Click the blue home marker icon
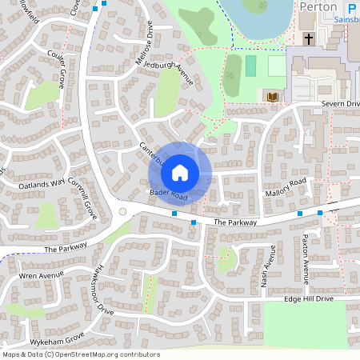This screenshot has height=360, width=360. pyautogui.click(x=180, y=172)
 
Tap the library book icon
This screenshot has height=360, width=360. pyautogui.click(x=273, y=97)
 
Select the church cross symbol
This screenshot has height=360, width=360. pyautogui.click(x=309, y=38)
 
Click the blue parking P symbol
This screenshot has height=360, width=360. pyautogui.click(x=352, y=7)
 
